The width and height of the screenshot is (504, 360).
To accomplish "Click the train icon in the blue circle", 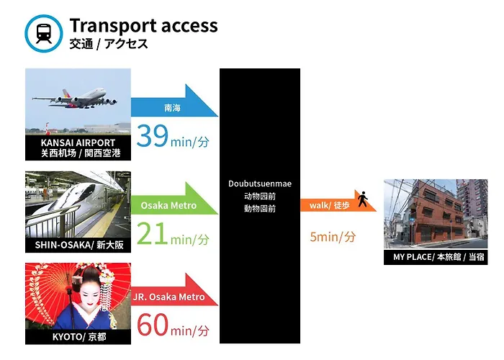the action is coord(44,33).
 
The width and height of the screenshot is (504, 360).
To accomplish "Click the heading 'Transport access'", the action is coord(143,25).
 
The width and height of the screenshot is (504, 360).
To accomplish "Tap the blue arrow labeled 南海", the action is coord(174,101).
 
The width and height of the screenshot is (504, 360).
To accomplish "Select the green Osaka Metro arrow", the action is coord(174,198).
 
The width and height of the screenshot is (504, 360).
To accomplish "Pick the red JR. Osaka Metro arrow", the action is coord(174,290).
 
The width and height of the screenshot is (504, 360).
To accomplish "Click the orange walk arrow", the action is coord(338,201).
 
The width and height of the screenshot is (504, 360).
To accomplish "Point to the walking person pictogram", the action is coord(363,199).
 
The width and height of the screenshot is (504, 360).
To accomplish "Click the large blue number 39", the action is coord(152,135).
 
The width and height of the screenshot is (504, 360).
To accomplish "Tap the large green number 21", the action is coord(152,233).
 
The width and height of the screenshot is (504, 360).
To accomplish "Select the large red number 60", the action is coord(153,325).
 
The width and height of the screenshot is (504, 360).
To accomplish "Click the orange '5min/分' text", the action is coord(333,237).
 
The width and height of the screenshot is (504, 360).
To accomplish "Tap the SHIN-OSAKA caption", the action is coord(79,245).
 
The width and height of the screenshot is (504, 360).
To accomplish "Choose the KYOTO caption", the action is coord(79,337).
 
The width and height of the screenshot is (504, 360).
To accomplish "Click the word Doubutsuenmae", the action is coord(260,184).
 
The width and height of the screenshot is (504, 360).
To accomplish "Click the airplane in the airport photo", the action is coord(75,98).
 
